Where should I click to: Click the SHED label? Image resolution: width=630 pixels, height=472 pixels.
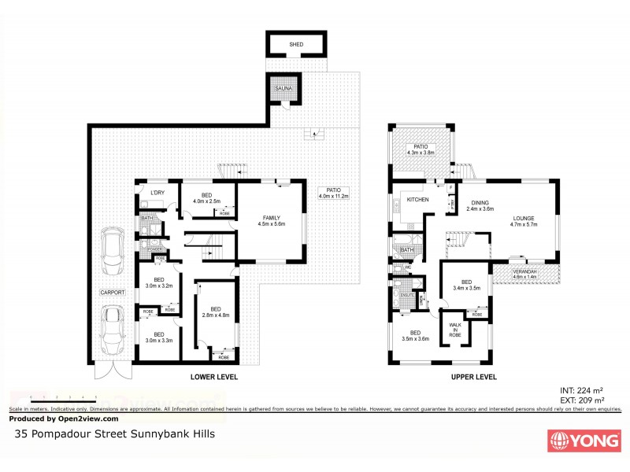pos(296,46)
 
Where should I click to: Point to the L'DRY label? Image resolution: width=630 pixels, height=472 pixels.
pos(157,193)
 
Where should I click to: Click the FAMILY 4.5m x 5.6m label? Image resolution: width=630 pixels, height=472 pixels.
pos(269,220)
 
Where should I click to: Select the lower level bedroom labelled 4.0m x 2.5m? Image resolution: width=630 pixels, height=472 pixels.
pos(206,198)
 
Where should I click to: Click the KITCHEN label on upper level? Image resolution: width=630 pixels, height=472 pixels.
pos(417,200)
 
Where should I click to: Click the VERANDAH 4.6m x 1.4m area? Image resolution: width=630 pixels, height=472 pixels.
pos(524,275)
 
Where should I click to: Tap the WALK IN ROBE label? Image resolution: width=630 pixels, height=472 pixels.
pos(455,330)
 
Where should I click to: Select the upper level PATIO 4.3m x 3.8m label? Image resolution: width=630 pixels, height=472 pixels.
pos(421,149)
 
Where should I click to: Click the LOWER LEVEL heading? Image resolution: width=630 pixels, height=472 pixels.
pos(213,377)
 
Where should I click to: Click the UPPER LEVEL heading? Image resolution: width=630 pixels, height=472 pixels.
pos(473,377)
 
